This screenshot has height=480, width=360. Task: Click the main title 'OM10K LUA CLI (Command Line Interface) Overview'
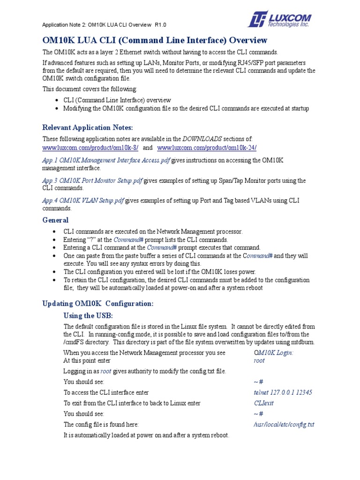[x=155, y=40]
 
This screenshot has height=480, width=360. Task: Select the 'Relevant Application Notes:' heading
[x=88, y=127]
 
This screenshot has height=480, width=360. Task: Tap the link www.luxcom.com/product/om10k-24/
[x=207, y=148]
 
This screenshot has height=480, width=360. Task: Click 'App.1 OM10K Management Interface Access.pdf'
[x=106, y=160]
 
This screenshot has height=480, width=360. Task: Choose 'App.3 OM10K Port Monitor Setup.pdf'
[x=92, y=180]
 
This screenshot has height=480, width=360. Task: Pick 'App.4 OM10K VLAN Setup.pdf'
[x=83, y=201]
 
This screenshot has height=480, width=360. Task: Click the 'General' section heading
[x=55, y=220]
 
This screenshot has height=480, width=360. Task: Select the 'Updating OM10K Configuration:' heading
[x=98, y=304]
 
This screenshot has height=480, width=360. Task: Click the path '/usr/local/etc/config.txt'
[x=284, y=425]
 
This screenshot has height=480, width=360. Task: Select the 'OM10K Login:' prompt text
[x=273, y=352]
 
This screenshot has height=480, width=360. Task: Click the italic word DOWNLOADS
[x=202, y=139]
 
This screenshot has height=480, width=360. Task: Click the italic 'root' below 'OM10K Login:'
[x=259, y=360]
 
